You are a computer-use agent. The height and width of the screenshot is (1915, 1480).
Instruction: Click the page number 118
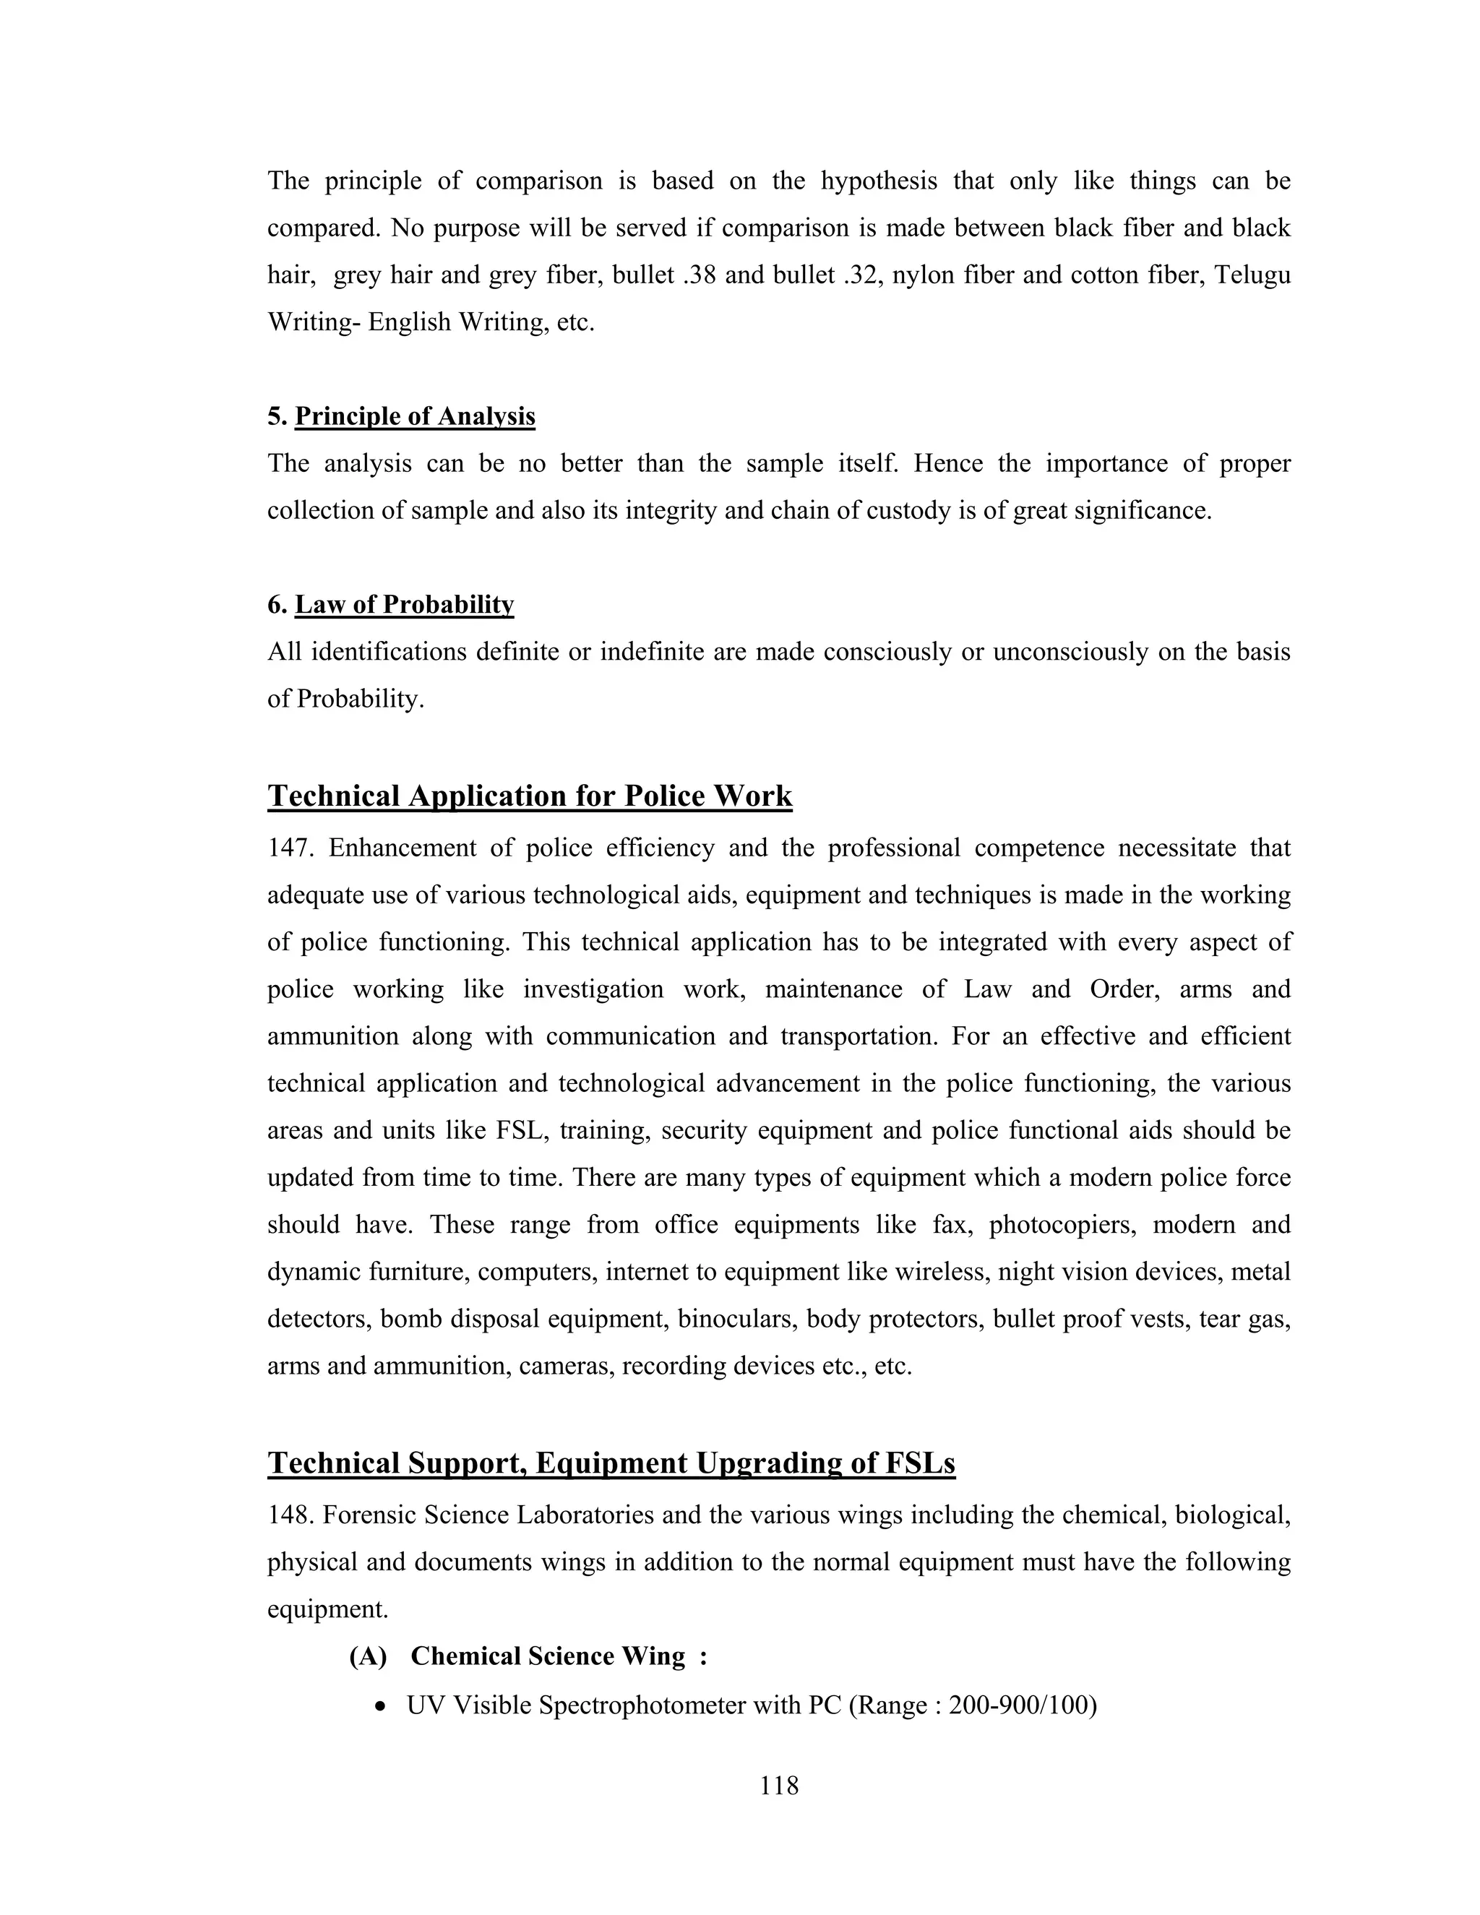778,1785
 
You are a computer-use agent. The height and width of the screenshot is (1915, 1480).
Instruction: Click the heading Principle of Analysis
414,416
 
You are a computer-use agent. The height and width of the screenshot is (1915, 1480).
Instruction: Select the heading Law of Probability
403,604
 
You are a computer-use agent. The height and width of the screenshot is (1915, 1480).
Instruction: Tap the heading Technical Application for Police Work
530,796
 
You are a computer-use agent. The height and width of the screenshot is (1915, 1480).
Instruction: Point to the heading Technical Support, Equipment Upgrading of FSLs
611,1463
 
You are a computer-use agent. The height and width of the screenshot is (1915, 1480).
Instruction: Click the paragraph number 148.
289,1515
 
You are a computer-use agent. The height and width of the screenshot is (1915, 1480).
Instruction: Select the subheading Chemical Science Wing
548,1656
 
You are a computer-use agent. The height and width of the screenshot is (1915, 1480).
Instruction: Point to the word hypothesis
879,181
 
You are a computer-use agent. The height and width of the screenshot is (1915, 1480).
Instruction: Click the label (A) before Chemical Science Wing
367,1656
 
